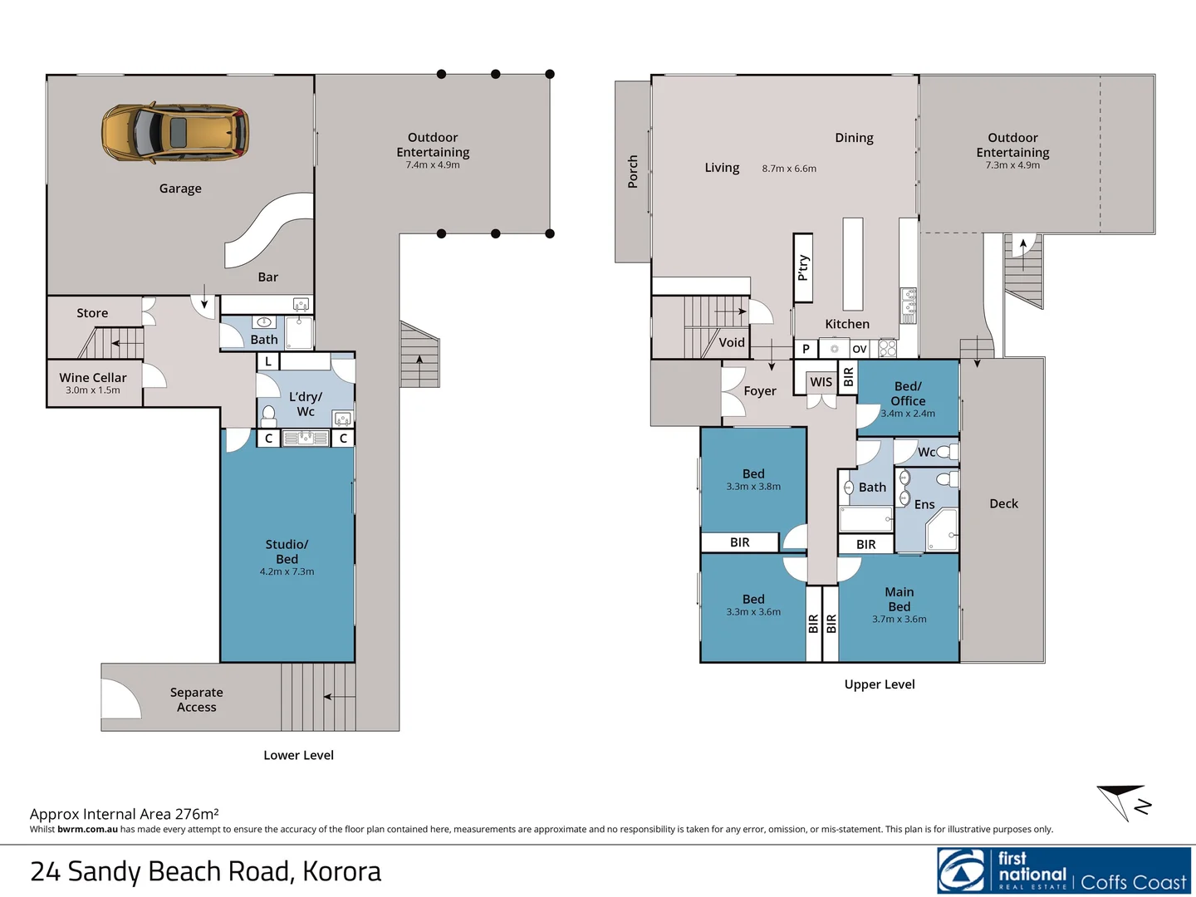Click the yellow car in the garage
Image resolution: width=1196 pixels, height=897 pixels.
click(175, 132)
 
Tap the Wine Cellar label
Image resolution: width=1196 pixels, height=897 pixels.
click(93, 378)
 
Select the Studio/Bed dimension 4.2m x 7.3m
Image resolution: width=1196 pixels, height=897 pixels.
click(287, 572)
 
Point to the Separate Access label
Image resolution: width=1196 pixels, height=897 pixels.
click(196, 700)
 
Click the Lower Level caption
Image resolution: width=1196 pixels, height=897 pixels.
click(298, 755)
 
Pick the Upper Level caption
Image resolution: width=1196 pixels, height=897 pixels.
click(880, 684)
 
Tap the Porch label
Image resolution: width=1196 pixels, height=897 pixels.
click(633, 171)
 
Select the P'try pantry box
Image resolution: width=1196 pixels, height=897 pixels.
click(803, 267)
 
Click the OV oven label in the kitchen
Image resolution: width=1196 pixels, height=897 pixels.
click(860, 349)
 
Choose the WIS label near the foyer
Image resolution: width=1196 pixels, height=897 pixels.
click(821, 382)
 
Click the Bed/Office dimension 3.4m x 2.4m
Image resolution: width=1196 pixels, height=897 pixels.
click(908, 414)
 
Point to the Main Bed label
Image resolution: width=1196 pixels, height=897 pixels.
click(899, 600)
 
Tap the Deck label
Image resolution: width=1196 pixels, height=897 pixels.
click(1003, 503)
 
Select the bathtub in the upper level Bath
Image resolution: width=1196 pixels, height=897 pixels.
click(865, 520)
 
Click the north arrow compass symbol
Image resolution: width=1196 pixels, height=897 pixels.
click(1125, 801)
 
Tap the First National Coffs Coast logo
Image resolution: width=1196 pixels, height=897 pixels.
click(1064, 870)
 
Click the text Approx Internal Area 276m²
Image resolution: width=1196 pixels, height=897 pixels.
click(125, 814)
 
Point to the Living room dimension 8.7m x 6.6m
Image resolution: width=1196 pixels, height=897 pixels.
click(789, 169)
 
